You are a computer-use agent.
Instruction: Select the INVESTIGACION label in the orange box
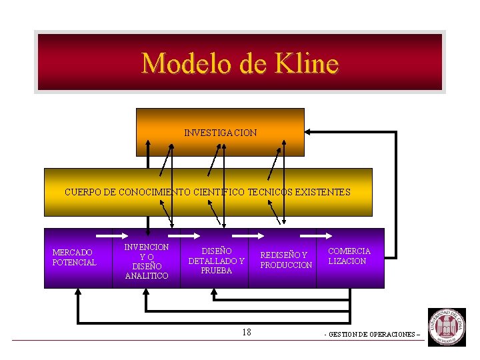[220, 133]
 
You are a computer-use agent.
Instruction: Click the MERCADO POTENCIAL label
[74, 257]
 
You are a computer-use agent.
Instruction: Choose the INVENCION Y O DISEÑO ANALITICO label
[147, 261]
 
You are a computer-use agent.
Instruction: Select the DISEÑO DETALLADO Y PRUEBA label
[216, 261]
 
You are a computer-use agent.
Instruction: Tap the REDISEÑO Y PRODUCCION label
[285, 260]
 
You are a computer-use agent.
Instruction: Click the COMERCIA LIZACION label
[349, 256]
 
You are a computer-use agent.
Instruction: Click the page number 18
[247, 332]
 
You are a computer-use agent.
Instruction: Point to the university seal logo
[447, 327]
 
